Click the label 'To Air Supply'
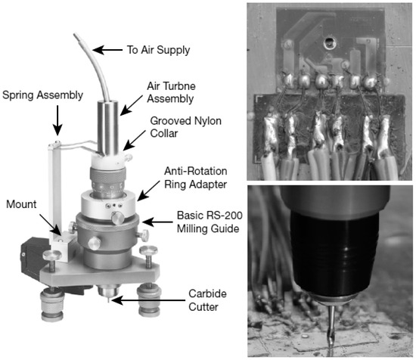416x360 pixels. [158, 50]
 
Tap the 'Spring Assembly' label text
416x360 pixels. [42, 95]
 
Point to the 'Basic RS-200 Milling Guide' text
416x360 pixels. [210, 222]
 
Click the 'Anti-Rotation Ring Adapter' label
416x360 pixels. [196, 178]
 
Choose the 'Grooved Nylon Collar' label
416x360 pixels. [186, 127]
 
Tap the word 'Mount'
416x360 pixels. [21, 204]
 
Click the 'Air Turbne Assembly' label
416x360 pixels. [172, 92]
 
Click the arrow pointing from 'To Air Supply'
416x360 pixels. [107, 50]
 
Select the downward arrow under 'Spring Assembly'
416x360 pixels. [57, 120]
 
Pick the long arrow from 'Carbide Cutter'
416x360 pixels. [148, 300]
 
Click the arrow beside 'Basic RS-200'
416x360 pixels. [157, 222]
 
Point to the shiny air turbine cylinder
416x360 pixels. [107, 128]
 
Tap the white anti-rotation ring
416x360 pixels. [110, 204]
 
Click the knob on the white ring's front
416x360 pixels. [118, 218]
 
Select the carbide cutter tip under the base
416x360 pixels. [108, 300]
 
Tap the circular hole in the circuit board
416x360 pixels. [330, 42]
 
